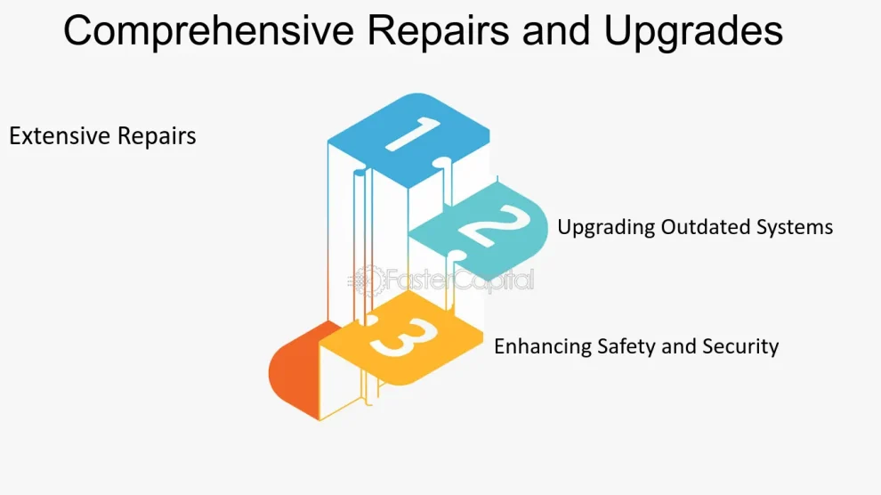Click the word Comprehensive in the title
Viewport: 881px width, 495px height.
208,31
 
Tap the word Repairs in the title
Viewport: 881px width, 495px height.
438,31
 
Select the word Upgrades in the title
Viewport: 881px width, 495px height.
693,31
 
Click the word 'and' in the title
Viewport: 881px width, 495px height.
556,30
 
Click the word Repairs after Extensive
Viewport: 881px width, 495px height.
157,137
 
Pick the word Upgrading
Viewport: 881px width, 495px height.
606,228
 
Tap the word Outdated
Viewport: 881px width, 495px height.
706,227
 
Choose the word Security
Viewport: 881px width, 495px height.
740,346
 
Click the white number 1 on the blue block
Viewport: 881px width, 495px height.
413,134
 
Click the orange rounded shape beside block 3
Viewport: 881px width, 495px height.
294,372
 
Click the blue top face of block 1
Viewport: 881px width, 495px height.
408,141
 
